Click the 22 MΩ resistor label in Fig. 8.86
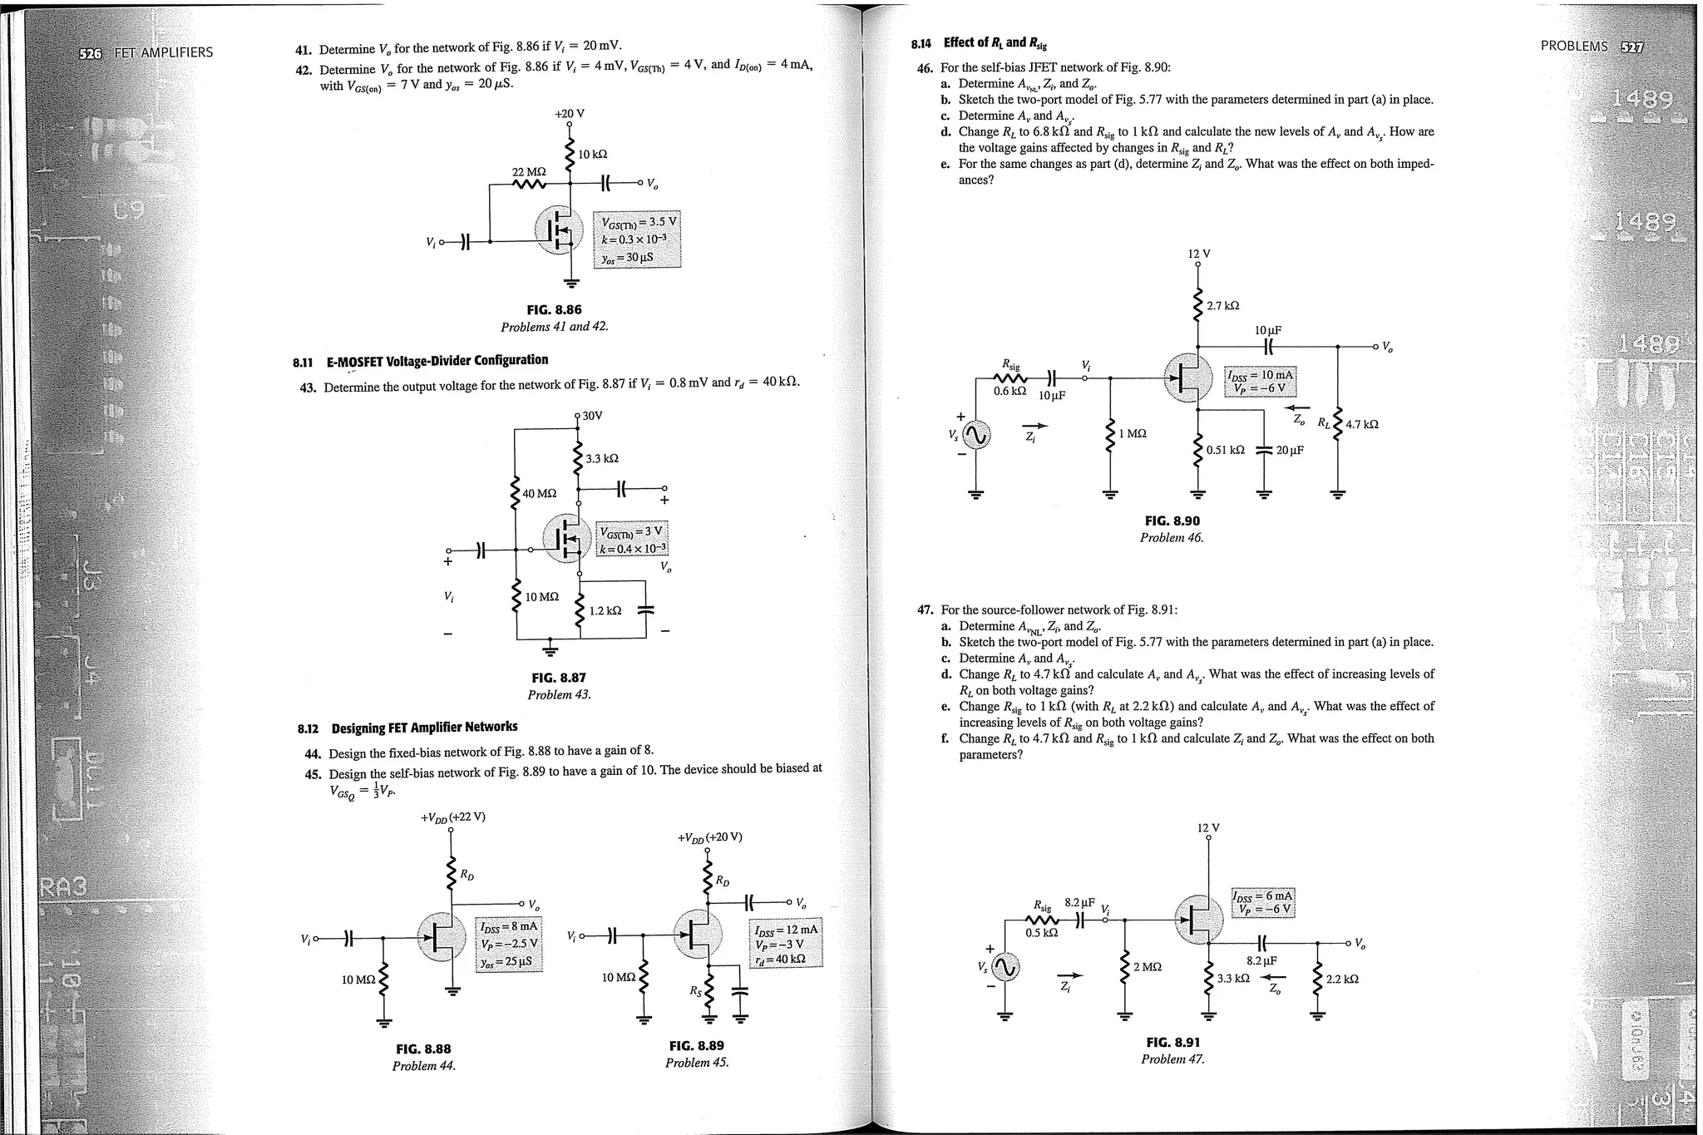click(x=528, y=171)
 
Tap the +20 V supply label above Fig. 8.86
click(x=570, y=113)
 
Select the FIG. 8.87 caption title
click(x=558, y=678)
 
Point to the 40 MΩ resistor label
click(x=539, y=493)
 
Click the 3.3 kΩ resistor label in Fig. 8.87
click(x=602, y=458)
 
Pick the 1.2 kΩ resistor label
click(x=605, y=610)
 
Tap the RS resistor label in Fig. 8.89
click(x=695, y=990)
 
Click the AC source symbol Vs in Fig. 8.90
click(x=976, y=434)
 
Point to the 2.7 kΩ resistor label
click(x=1222, y=306)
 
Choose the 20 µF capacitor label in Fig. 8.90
click(x=1290, y=450)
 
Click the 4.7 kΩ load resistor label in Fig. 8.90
click(x=1361, y=424)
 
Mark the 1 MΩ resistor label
click(x=1133, y=433)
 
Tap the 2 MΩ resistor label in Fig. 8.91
click(x=1148, y=966)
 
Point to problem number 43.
click(x=306, y=387)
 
